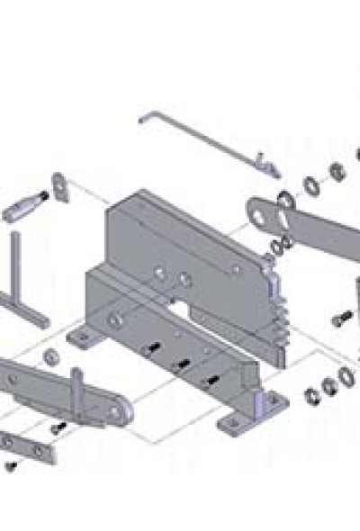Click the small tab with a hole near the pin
[59, 188]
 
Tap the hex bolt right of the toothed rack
[341, 319]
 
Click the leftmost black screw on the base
[155, 346]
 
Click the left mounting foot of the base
[84, 338]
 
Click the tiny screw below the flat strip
[12, 465]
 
